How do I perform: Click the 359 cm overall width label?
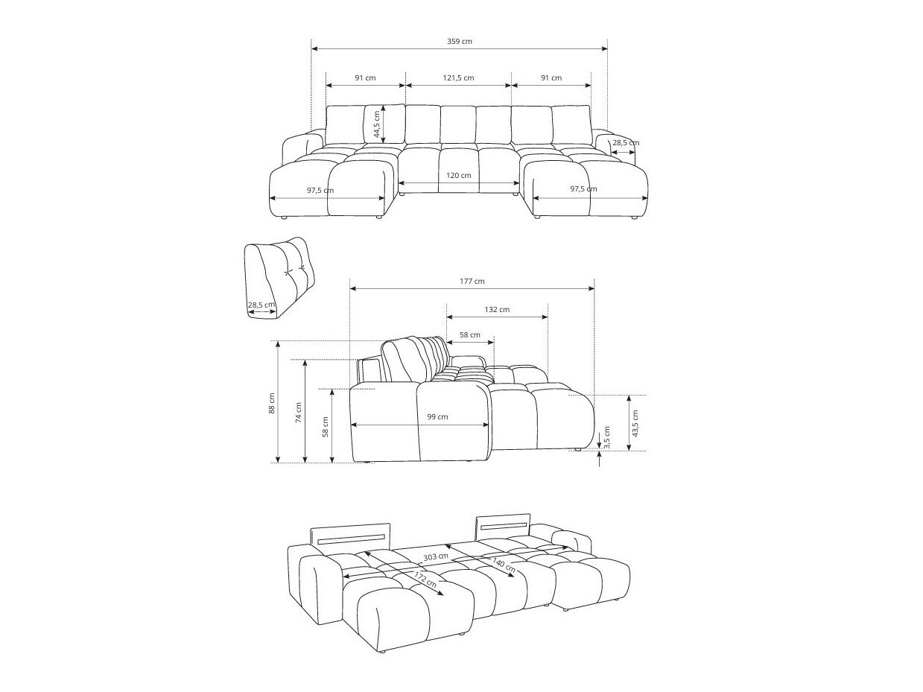point(459,42)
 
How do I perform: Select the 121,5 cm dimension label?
point(458,78)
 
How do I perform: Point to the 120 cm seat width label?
point(459,176)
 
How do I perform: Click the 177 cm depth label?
point(472,282)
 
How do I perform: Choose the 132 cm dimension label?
point(497,310)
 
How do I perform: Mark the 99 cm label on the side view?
point(437,417)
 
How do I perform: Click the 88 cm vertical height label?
point(273,403)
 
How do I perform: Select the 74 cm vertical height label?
point(299,412)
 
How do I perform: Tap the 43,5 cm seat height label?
point(635,422)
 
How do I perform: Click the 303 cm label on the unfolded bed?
point(436,556)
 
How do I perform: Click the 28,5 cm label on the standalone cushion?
point(261,305)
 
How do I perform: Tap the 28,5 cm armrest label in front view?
point(625,142)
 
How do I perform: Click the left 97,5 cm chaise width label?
point(320,190)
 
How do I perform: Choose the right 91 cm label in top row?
point(551,78)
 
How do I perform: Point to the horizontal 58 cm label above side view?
point(469,335)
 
